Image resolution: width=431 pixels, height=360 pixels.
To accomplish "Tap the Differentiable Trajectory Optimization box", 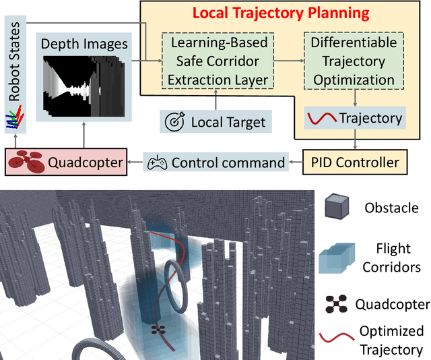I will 352,61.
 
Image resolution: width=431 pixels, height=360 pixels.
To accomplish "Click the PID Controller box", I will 354,162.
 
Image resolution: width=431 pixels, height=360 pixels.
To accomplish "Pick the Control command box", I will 215,162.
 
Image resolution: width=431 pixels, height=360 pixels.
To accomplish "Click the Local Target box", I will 215,122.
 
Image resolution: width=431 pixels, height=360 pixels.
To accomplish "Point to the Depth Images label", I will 84,43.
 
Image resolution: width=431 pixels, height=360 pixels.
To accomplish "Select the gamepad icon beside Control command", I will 157,162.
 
